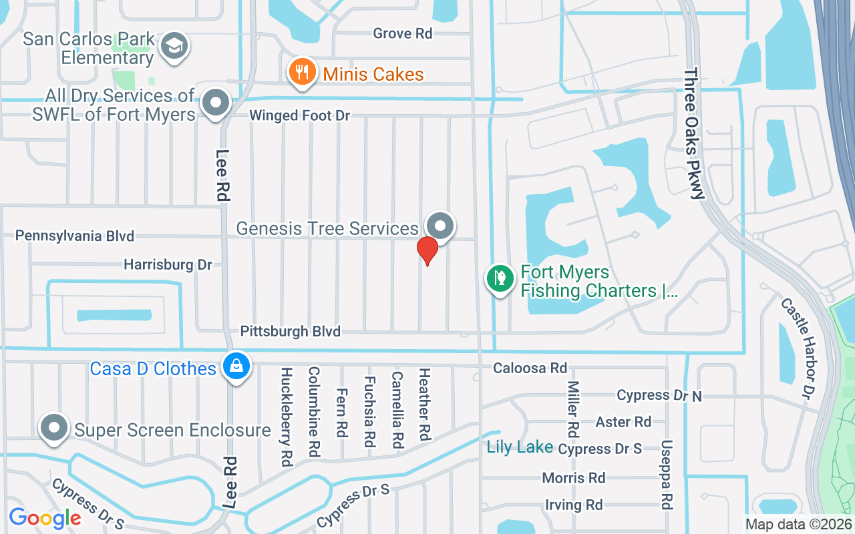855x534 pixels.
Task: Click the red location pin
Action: click(x=427, y=250)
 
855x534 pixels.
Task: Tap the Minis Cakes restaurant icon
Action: click(x=302, y=72)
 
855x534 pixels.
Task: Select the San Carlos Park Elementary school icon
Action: click(x=175, y=46)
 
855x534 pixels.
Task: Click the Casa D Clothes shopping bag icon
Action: click(x=236, y=366)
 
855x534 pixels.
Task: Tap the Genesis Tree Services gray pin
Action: click(x=440, y=226)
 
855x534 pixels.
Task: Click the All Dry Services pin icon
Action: click(x=216, y=103)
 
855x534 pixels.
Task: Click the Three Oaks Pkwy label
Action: click(x=694, y=133)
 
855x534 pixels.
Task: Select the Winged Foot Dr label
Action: click(x=299, y=116)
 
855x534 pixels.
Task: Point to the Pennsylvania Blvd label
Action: click(x=75, y=236)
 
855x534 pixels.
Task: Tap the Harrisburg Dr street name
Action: click(x=168, y=265)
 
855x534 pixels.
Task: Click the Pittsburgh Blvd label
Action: click(x=290, y=331)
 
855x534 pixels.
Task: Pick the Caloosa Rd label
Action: click(x=530, y=368)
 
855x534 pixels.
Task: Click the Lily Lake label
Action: click(x=520, y=447)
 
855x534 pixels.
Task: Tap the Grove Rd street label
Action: click(x=403, y=33)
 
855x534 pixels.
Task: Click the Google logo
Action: click(x=45, y=517)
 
